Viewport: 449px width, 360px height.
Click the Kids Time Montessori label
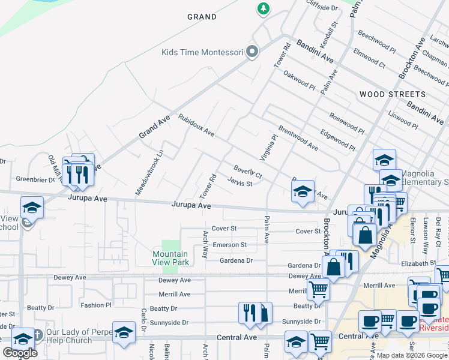(202, 52)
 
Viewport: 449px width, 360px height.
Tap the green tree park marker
(263, 8)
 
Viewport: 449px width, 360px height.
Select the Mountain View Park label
(170, 258)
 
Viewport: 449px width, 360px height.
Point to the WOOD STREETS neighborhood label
(392, 95)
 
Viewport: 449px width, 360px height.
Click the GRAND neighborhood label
(202, 17)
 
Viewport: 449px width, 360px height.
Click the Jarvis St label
(240, 183)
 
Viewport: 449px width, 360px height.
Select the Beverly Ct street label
(247, 172)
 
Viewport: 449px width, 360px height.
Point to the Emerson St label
(229, 245)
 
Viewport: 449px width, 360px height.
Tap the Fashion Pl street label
(96, 305)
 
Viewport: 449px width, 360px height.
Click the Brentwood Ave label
(298, 138)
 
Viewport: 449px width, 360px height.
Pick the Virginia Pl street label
(268, 147)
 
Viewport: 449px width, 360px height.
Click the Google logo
(20, 353)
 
